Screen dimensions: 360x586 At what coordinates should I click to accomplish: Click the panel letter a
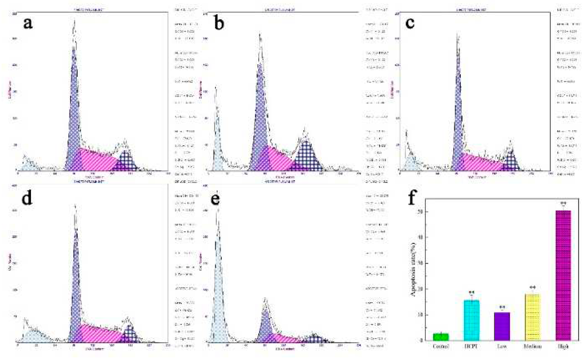28,23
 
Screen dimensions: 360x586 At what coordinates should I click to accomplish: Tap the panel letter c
410,23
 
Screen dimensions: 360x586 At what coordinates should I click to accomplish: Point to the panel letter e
216,199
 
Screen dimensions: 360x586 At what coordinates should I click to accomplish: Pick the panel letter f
412,198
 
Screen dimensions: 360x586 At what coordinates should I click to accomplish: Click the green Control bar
441,337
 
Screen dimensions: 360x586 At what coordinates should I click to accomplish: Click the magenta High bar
563,275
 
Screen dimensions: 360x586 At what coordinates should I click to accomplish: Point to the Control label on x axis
441,347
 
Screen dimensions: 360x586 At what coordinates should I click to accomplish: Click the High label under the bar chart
563,347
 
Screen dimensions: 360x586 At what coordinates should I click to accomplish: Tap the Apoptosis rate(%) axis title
413,269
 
